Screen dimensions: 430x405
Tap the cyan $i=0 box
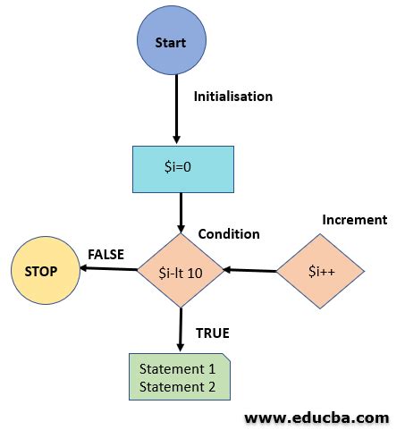[182, 169]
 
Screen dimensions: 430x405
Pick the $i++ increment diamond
[319, 271]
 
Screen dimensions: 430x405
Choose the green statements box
[180, 376]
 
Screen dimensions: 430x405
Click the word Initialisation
[233, 96]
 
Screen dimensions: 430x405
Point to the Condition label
[229, 234]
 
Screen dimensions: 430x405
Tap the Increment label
[354, 220]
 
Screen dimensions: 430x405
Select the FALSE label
[106, 254]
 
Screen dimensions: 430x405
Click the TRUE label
[213, 333]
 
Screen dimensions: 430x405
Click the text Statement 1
[179, 367]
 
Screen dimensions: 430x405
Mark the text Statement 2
[179, 386]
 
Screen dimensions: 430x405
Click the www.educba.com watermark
[316, 417]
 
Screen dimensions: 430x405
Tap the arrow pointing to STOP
[106, 269]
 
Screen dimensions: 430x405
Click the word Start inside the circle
[170, 43]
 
